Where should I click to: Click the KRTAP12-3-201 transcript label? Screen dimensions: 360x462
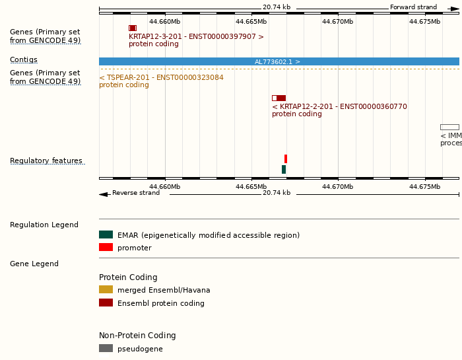(196, 36)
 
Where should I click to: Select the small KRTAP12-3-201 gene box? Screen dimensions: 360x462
(133, 28)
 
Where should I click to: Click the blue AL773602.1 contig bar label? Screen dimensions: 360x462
(277, 61)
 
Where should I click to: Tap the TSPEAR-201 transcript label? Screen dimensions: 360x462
(161, 77)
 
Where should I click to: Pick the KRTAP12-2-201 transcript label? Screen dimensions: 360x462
(339, 106)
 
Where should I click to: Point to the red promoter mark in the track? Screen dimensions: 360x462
(286, 159)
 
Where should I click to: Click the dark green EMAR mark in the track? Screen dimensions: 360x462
(284, 170)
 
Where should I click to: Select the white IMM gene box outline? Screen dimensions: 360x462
(449, 127)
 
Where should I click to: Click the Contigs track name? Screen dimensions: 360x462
(24, 59)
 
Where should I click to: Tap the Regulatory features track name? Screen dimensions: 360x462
(46, 161)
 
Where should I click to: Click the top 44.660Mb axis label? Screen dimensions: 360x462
(164, 21)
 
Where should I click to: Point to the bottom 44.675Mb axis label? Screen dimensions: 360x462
(424, 186)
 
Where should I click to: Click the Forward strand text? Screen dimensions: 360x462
(413, 7)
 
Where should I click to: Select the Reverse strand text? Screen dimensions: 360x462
(135, 193)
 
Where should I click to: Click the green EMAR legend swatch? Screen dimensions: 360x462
(106, 234)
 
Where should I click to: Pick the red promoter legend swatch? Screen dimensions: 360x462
(106, 247)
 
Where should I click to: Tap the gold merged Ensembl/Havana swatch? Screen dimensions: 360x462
(106, 289)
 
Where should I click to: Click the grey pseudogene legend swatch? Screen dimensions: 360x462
(106, 348)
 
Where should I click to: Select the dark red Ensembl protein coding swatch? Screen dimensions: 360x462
(106, 303)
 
